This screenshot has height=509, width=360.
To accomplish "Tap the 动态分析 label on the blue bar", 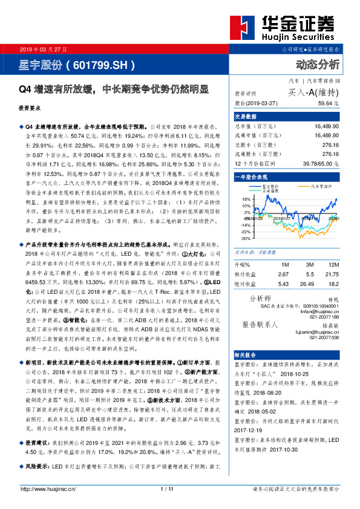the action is (x=316, y=64).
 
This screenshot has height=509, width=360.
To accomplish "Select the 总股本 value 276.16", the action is (x=327, y=145).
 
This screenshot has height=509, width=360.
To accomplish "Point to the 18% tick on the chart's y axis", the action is (x=246, y=198).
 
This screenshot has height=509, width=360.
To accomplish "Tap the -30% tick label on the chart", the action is (x=245, y=239).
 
